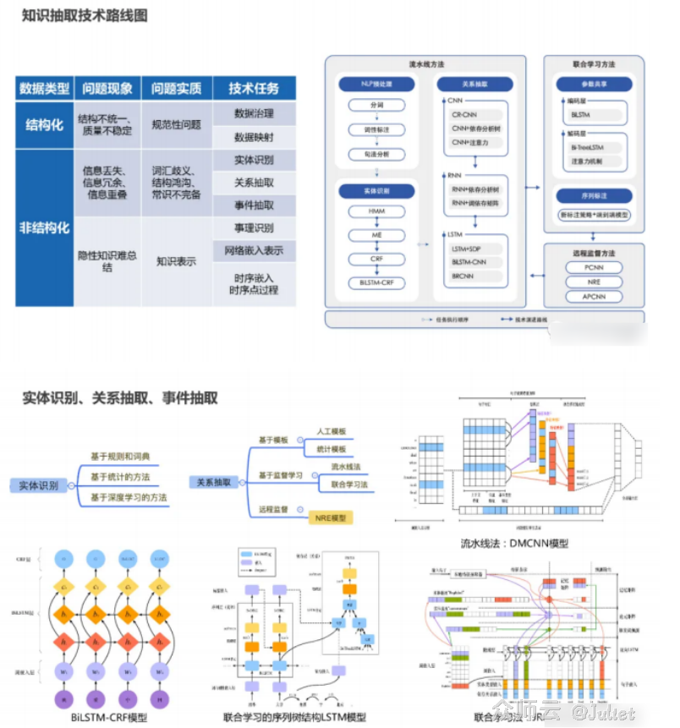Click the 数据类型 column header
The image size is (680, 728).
pyautogui.click(x=45, y=88)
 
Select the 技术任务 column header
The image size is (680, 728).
pyautogui.click(x=254, y=88)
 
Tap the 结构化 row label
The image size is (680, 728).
pyautogui.click(x=45, y=124)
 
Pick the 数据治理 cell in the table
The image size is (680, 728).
pyautogui.click(x=254, y=113)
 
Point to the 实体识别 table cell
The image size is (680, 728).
pyautogui.click(x=254, y=161)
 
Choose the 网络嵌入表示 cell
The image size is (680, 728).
pyautogui.click(x=254, y=250)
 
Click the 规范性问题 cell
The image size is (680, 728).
pyautogui.click(x=176, y=124)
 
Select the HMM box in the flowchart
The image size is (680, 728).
pyautogui.click(x=376, y=211)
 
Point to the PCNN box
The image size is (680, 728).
pyautogui.click(x=593, y=267)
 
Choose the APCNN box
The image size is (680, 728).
pyautogui.click(x=593, y=297)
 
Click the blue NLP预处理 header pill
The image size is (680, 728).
pyautogui.click(x=376, y=84)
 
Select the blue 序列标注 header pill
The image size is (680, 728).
pyautogui.click(x=592, y=195)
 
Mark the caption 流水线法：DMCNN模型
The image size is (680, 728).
pyautogui.click(x=514, y=543)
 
